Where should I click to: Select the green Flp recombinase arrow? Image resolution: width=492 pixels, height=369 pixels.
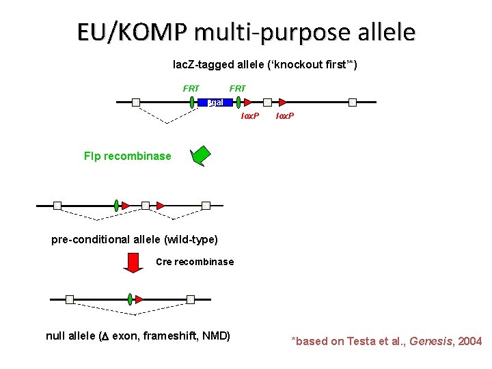pyautogui.click(x=202, y=156)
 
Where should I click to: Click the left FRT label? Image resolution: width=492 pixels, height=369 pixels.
pyautogui.click(x=191, y=88)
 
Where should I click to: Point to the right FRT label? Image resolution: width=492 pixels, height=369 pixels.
pyautogui.click(x=238, y=88)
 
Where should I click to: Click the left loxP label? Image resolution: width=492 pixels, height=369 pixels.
pyautogui.click(x=249, y=116)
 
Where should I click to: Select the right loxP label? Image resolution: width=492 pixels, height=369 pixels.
pyautogui.click(x=285, y=116)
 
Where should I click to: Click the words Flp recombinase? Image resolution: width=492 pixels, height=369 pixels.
pyautogui.click(x=127, y=156)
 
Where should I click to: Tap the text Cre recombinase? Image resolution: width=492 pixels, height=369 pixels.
pyautogui.click(x=195, y=262)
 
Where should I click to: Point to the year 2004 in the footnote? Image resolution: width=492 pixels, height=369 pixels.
pyautogui.click(x=469, y=341)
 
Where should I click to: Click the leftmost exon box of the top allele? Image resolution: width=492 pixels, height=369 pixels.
pyautogui.click(x=136, y=102)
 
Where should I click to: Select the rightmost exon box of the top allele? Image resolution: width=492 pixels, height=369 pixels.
pyautogui.click(x=353, y=102)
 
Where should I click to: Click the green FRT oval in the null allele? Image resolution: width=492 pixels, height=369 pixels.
pyautogui.click(x=130, y=299)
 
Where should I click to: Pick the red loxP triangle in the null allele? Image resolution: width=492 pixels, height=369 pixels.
pyautogui.click(x=139, y=299)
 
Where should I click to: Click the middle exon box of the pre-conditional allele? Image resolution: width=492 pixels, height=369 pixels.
pyautogui.click(x=146, y=205)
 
